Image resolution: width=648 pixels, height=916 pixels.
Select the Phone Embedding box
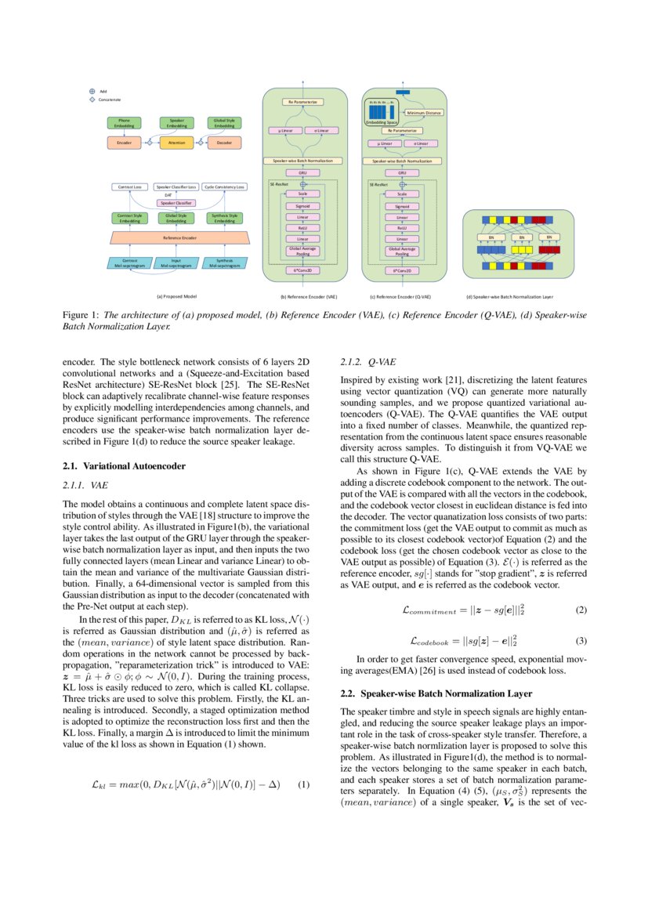click(124, 122)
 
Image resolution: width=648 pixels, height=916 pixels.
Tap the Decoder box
click(224, 143)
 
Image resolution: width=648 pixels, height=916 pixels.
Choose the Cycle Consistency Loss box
click(224, 187)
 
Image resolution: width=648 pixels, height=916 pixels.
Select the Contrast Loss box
click(129, 187)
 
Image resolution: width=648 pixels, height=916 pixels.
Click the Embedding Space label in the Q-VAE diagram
click(382, 122)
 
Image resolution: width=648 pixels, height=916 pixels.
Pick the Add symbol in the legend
click(92, 91)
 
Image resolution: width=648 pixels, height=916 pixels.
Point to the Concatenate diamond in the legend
click(92, 100)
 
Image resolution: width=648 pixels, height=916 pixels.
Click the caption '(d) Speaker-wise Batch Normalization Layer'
click(510, 297)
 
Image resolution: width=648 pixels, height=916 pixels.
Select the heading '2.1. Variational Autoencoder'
click(124, 466)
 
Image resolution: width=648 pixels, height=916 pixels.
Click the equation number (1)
click(304, 784)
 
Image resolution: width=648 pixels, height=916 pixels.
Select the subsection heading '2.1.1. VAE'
click(86, 486)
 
